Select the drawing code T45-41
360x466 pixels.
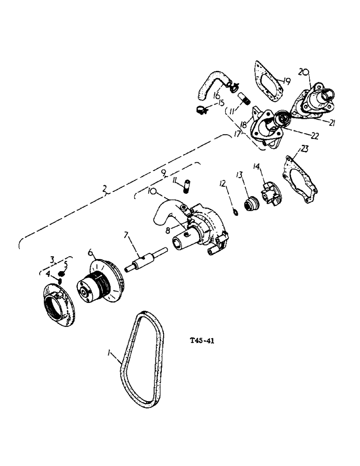[x=202, y=341]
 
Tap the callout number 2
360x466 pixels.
[x=106, y=189]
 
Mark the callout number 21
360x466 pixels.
[x=332, y=123]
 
